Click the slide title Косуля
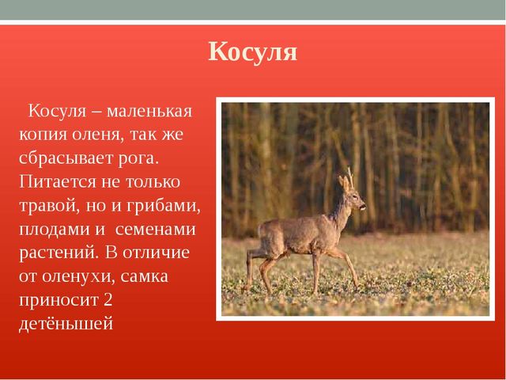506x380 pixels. [x=253, y=52]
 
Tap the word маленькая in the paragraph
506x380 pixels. [x=149, y=112]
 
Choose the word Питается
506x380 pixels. [x=58, y=182]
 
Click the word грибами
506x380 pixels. [x=164, y=206]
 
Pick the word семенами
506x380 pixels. [x=155, y=230]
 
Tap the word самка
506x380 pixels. [x=145, y=277]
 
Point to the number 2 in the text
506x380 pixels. [x=108, y=299]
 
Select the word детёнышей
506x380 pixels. [x=66, y=324]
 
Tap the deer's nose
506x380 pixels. [x=364, y=206]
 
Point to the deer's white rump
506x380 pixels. [x=261, y=233]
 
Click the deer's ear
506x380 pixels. [x=342, y=183]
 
